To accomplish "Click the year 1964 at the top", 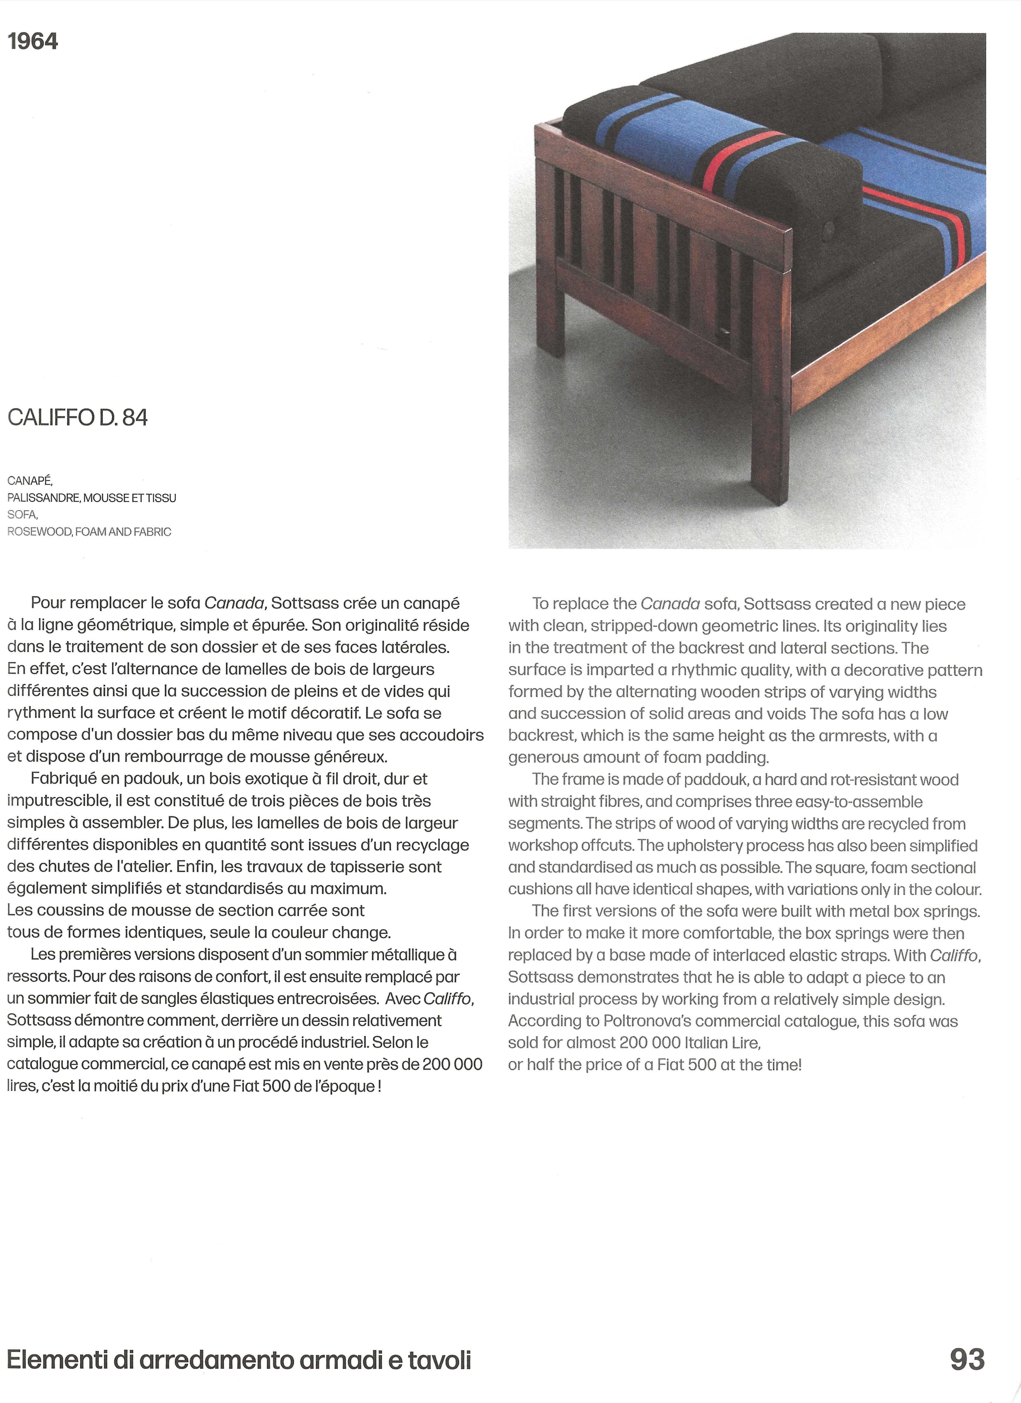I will [33, 41].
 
